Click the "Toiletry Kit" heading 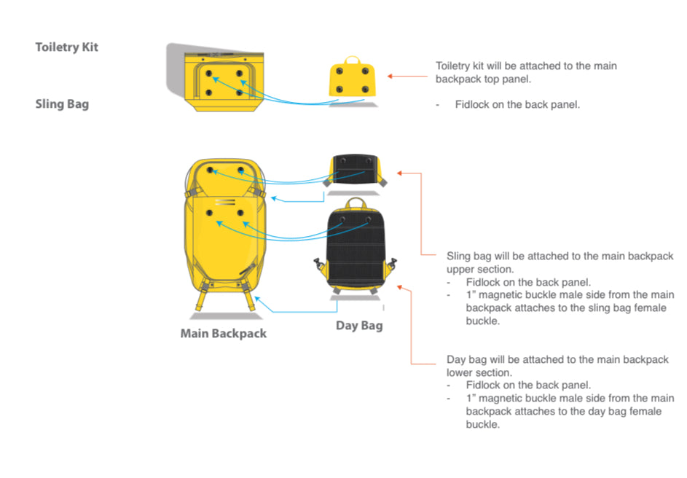[66, 47]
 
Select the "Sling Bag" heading [62, 104]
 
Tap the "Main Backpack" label [224, 334]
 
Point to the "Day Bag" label [359, 325]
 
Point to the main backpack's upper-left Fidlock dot [211, 170]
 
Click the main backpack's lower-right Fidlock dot [241, 213]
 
